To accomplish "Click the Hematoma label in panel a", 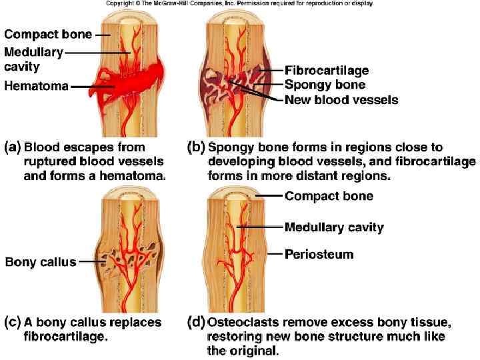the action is click(x=35, y=86).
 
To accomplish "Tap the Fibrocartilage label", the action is click(x=327, y=70).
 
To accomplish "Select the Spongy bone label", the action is click(x=325, y=85).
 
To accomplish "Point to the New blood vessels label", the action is click(x=341, y=100).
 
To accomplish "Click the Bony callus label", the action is click(x=41, y=262).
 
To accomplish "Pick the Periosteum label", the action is click(x=319, y=254).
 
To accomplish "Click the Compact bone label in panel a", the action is click(x=47, y=33).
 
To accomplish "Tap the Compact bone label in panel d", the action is click(x=329, y=195).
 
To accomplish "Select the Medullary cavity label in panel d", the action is click(x=334, y=227).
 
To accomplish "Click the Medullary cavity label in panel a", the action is click(x=33, y=59).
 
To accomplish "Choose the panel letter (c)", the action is click(x=13, y=323).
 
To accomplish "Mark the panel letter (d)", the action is click(x=196, y=323).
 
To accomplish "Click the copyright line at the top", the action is click(x=239, y=4).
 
